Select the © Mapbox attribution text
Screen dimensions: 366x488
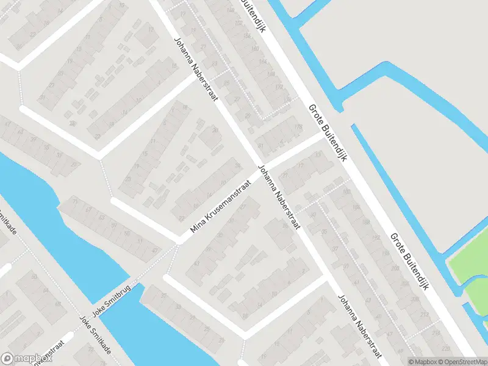423,362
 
